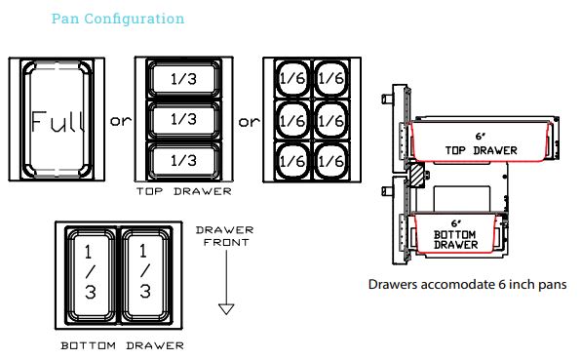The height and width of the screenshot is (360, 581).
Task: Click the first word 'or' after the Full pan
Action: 120,123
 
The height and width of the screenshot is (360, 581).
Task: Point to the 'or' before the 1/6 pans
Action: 250,123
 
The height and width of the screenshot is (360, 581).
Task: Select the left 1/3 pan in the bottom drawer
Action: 91,276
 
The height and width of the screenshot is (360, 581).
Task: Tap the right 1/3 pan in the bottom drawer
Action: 144,276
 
